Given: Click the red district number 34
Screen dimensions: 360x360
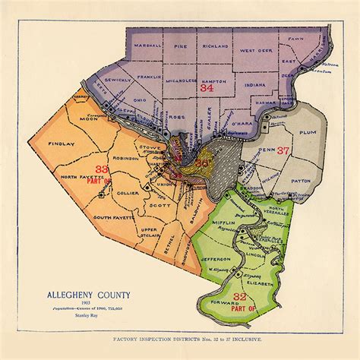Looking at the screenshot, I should pyautogui.click(x=206, y=88).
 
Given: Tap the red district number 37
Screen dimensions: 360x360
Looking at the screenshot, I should pyautogui.click(x=283, y=150).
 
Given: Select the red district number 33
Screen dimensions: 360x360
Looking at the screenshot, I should pyautogui.click(x=101, y=169).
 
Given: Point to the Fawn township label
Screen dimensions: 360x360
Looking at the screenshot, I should pyautogui.click(x=295, y=37).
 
